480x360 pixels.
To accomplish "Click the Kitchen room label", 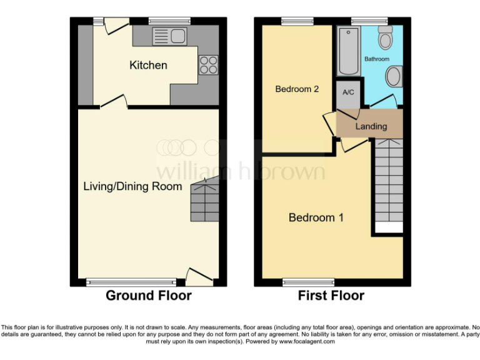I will [148, 65].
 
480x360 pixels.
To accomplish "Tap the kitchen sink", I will [169, 36].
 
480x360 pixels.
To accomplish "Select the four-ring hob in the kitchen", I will [208, 65].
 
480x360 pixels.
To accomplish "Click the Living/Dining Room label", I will [133, 186].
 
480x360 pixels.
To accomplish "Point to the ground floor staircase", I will [205, 200].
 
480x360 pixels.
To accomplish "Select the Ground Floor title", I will [148, 296].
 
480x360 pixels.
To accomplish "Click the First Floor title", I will [331, 296].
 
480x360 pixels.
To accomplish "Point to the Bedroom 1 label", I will [316, 217].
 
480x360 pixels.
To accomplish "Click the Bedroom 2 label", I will [297, 89].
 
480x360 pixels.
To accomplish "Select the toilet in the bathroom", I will [385, 39].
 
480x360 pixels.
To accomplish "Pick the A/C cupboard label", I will [348, 92].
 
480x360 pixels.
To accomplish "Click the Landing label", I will [371, 126].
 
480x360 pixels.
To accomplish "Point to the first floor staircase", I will [387, 184].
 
